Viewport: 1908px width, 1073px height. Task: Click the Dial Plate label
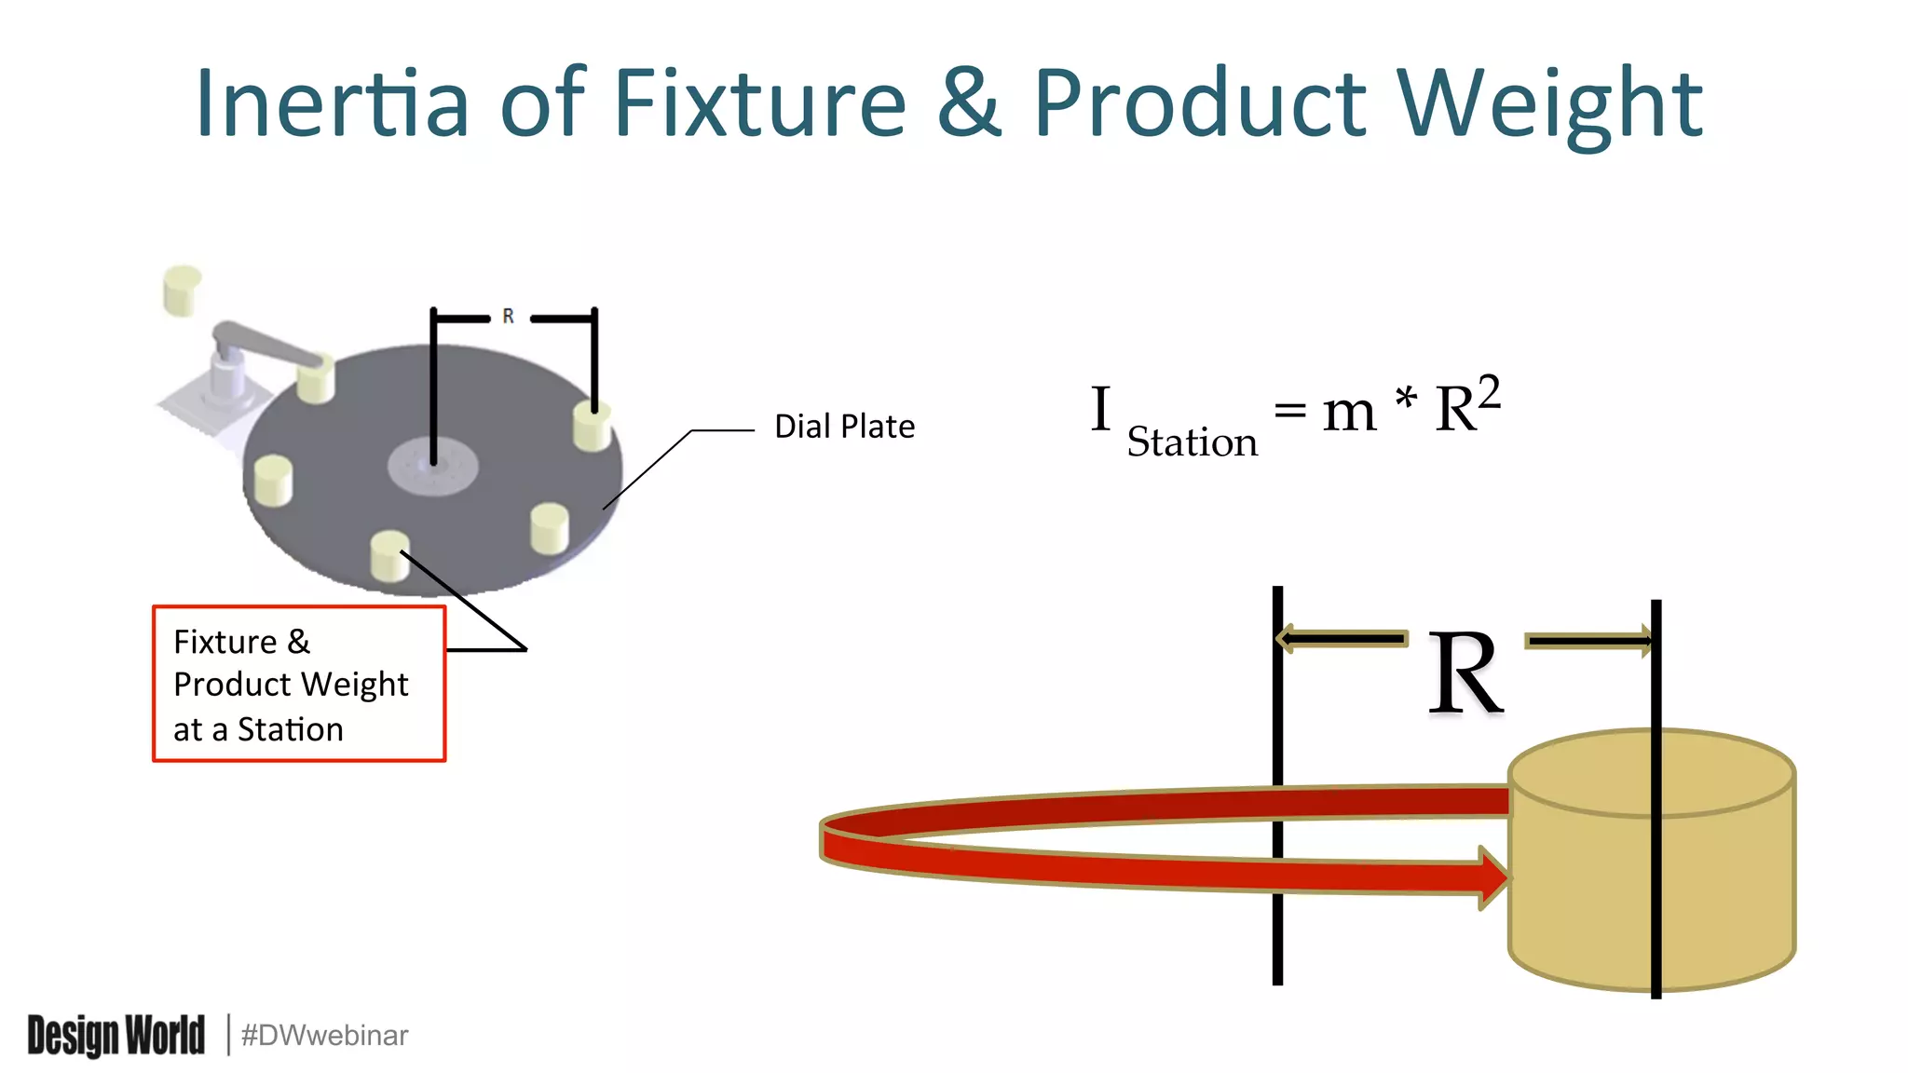[844, 427]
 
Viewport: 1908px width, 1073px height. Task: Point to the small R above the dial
[508, 317]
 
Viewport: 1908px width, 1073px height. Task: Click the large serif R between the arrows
[1465, 673]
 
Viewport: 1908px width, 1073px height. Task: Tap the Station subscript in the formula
[1192, 442]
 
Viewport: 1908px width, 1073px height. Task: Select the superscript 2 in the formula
[1489, 391]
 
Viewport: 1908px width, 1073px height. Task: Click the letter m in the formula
[1349, 412]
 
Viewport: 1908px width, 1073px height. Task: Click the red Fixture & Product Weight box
[299, 684]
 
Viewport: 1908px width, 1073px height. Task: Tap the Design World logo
[116, 1035]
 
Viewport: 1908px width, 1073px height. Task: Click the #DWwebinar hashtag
[324, 1035]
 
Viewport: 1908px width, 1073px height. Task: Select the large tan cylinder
[1651, 876]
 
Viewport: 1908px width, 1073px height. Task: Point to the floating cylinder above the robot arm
[182, 290]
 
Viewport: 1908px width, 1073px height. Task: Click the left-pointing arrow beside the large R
[1342, 639]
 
